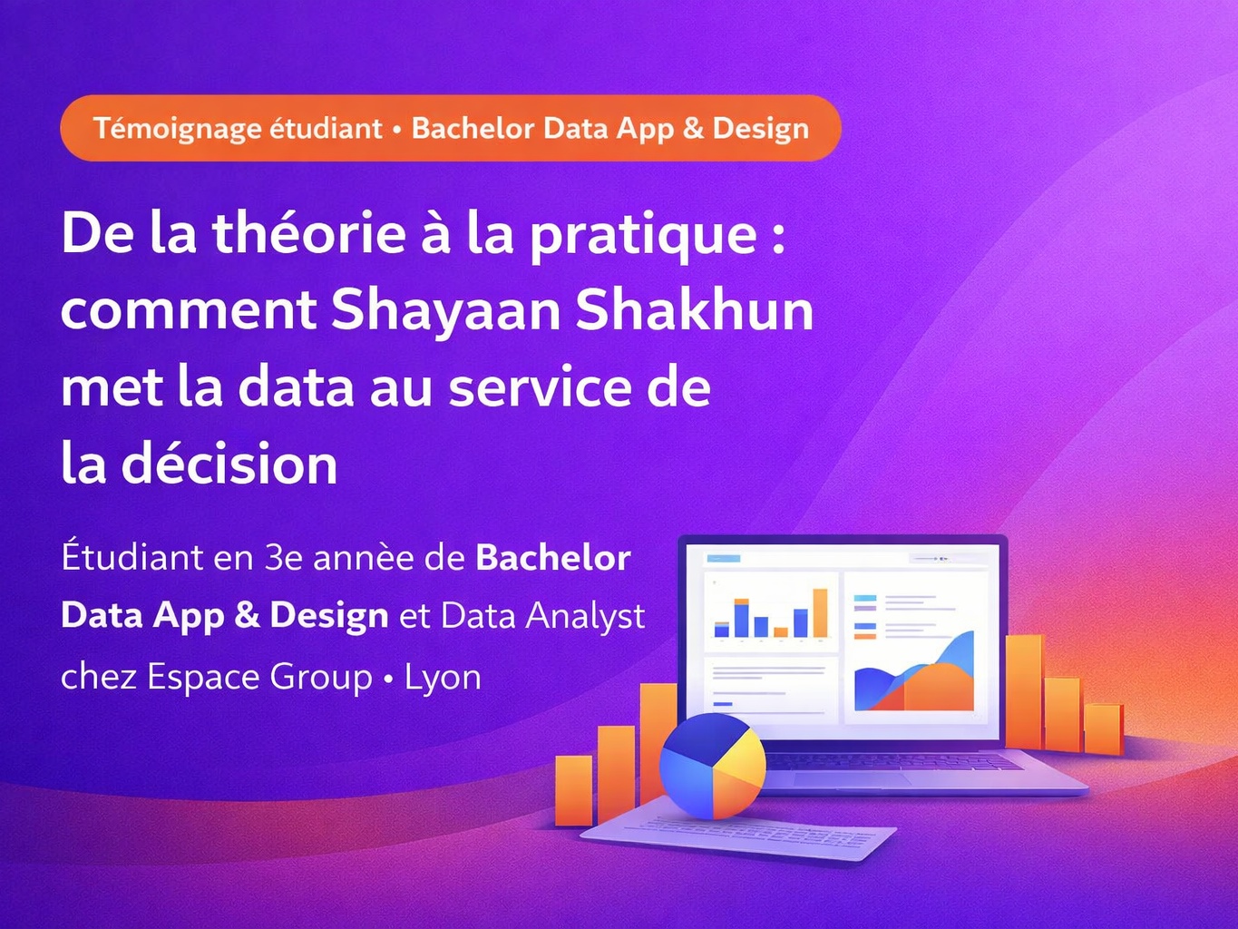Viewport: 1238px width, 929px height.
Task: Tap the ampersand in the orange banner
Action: [x=693, y=129]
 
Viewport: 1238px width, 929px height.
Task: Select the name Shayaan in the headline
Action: [x=445, y=310]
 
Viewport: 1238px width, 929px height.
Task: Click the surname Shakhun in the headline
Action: [x=694, y=310]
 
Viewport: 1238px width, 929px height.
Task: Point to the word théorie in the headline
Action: [x=308, y=233]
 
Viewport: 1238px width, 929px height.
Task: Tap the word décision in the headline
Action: [x=229, y=464]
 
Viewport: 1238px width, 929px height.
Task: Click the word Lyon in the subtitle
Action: [x=443, y=677]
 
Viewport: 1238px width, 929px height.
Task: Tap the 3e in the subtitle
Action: [x=284, y=557]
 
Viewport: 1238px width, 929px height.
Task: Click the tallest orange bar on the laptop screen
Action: [x=820, y=613]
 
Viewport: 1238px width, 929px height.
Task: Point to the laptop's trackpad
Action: [x=852, y=778]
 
